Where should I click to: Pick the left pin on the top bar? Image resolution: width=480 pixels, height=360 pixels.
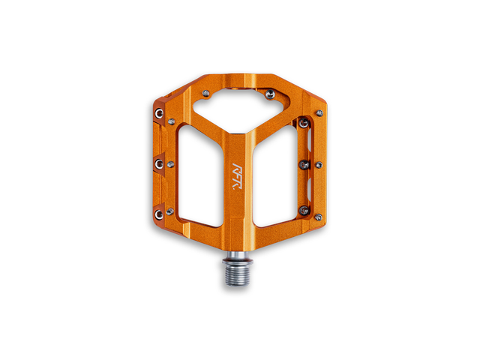coord(206,94)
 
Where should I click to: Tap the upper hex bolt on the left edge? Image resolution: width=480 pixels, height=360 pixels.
coord(159,113)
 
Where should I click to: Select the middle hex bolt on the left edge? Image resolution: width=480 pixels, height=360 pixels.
coord(158,162)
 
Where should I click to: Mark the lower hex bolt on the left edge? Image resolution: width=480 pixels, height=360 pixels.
coord(159,214)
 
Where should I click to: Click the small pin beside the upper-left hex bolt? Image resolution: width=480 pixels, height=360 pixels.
coord(172,120)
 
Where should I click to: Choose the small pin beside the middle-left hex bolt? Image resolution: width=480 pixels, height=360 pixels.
coord(171,163)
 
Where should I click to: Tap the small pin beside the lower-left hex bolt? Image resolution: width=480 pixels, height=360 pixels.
coord(171,211)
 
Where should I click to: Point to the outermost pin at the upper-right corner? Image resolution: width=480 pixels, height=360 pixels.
coord(319,113)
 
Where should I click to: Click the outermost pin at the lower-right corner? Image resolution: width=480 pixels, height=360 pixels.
coord(318,217)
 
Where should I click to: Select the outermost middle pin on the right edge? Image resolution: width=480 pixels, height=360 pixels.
coord(319,165)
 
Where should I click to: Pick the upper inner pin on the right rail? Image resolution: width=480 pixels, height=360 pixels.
coord(304,123)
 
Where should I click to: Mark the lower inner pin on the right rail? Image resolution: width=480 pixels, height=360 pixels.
coord(304,211)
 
